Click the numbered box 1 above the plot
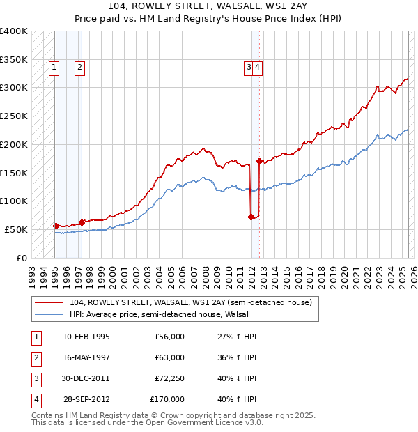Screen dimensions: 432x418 click(x=54, y=68)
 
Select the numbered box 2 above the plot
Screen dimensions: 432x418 click(x=80, y=68)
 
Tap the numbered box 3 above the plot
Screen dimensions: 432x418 click(x=249, y=68)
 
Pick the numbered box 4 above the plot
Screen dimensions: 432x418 click(x=258, y=68)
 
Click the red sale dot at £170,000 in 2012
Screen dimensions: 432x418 click(x=259, y=161)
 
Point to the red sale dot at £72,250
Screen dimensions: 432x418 click(x=251, y=217)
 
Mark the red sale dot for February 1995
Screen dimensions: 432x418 click(x=55, y=226)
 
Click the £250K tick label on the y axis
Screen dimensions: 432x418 click(x=14, y=116)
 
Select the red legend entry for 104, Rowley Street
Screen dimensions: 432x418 click(x=194, y=302)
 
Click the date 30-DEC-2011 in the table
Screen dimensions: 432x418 click(x=86, y=378)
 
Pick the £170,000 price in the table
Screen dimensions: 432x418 click(x=167, y=399)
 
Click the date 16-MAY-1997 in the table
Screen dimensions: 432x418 click(x=86, y=357)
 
